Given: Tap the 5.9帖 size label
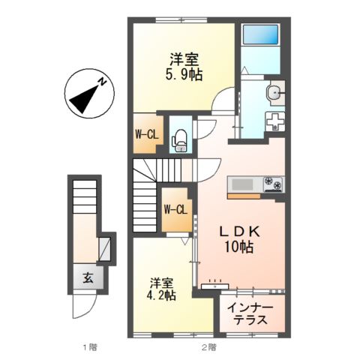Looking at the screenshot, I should pyautogui.click(x=184, y=75).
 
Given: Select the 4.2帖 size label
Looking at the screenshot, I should pyautogui.click(x=161, y=295).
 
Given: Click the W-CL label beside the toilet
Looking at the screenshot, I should pyautogui.click(x=145, y=135).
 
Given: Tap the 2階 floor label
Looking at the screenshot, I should pyautogui.click(x=208, y=347).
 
